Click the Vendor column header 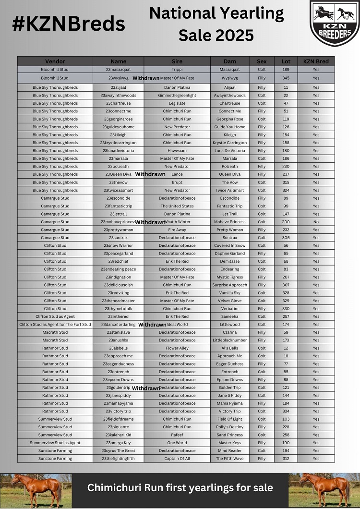(x=55, y=61)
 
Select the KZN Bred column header (x=316, y=61)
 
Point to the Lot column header (x=286, y=61)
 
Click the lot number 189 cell (x=286, y=69)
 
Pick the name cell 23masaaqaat (x=118, y=69)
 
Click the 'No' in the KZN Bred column (x=316, y=222)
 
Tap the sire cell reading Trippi (x=177, y=69)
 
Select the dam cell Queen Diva (x=230, y=174)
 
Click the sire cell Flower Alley (x=177, y=348)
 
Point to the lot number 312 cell (x=286, y=459)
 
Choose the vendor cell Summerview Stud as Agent (x=55, y=443)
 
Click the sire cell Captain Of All (x=177, y=459)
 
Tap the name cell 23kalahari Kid (x=118, y=435)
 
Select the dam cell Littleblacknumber (x=230, y=340)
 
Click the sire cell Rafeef (x=177, y=435)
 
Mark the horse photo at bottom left (x=36, y=490)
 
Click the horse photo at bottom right (x=324, y=490)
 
